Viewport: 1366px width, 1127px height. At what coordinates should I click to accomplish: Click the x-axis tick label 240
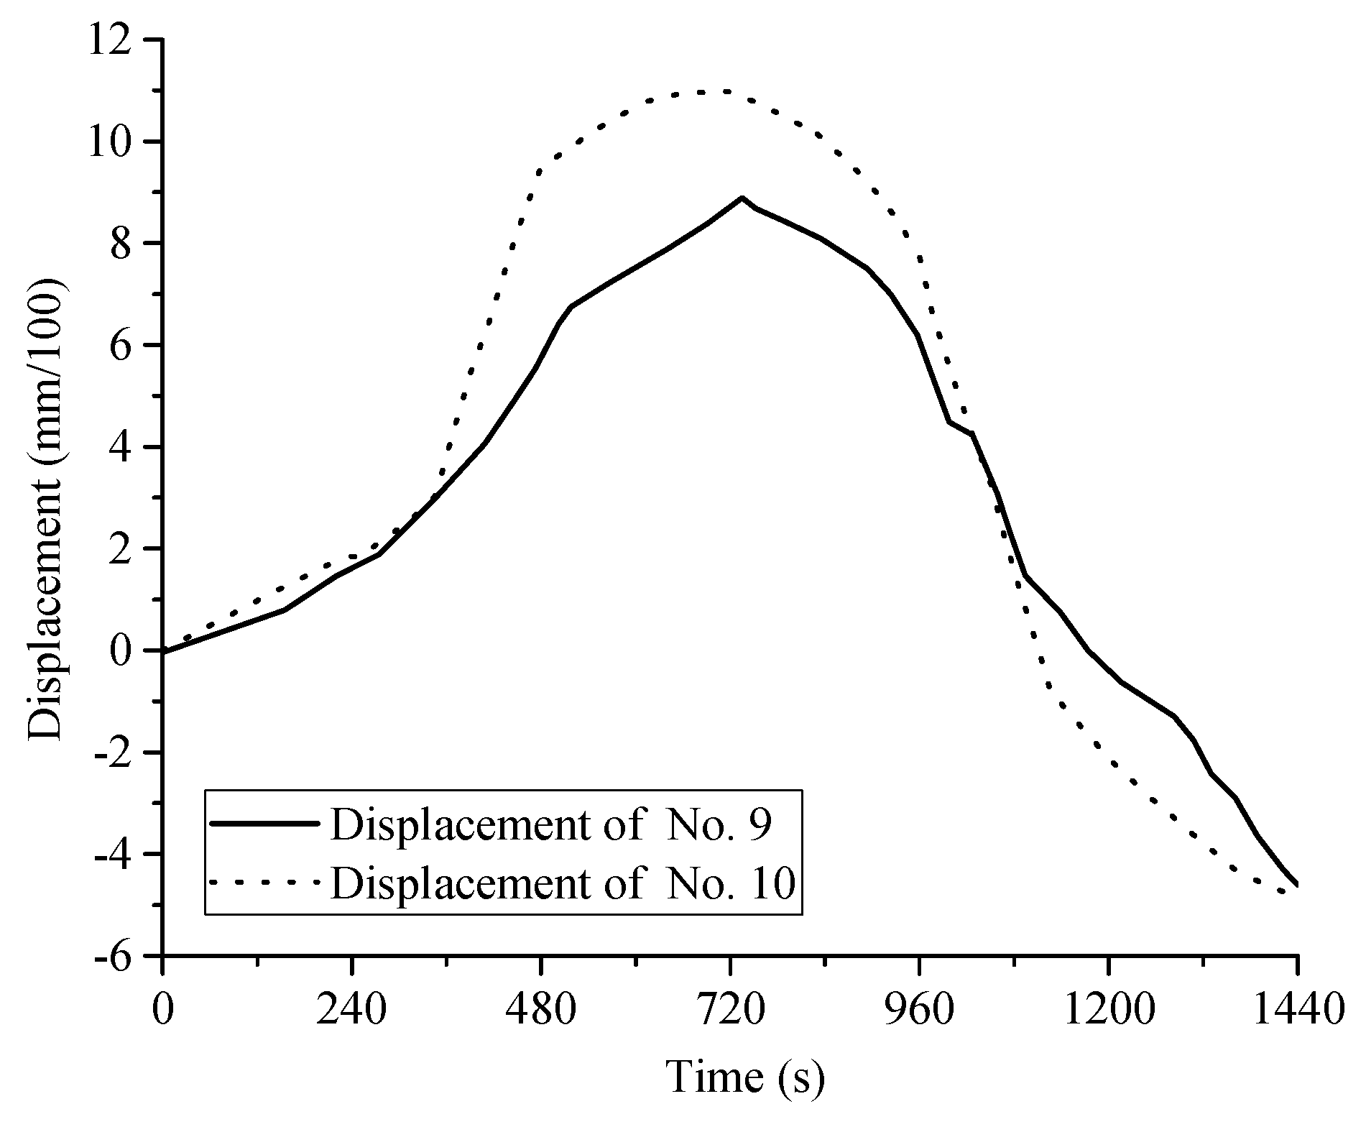click(x=352, y=1011)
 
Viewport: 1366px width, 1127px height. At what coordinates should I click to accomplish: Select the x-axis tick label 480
click(x=541, y=1011)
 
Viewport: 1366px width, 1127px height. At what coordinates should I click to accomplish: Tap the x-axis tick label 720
click(x=730, y=1011)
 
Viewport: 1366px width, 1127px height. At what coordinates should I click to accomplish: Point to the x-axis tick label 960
click(x=919, y=1011)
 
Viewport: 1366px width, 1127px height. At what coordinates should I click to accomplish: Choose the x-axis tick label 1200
click(x=1108, y=1011)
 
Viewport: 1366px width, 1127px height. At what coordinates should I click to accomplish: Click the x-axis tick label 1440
click(x=1297, y=1011)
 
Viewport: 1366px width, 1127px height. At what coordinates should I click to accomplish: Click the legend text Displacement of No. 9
click(x=550, y=825)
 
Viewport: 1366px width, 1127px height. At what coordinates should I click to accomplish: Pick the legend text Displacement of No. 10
click(x=563, y=883)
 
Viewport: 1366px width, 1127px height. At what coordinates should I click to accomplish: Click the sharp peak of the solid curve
click(x=742, y=198)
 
